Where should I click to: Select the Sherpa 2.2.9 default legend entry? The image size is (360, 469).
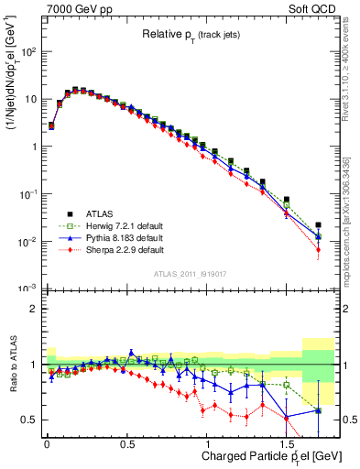tap(120, 248)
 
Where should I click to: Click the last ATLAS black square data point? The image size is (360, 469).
tap(318, 224)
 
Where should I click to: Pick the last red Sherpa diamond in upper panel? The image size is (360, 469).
tap(318, 249)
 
